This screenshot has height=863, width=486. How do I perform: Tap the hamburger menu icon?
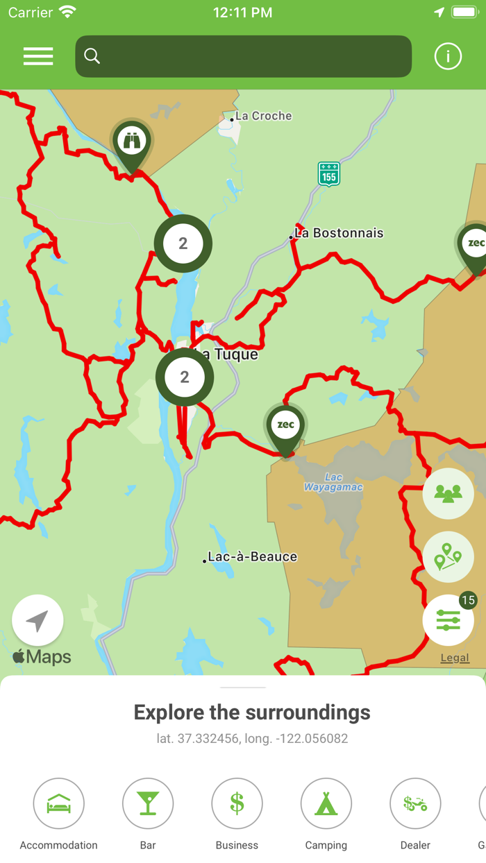click(x=38, y=56)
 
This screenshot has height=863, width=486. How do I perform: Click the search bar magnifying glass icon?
click(x=92, y=56)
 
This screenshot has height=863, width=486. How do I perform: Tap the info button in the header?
click(x=448, y=56)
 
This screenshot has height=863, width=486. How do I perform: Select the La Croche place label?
click(x=263, y=116)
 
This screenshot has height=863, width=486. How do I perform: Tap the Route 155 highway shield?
click(x=328, y=174)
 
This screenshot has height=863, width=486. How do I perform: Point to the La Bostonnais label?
click(x=339, y=233)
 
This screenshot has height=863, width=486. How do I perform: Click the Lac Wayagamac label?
click(x=333, y=482)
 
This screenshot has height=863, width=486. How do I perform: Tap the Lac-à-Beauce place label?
click(x=252, y=556)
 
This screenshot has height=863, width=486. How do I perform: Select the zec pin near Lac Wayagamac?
click(x=285, y=426)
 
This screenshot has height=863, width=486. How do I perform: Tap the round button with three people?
click(x=448, y=493)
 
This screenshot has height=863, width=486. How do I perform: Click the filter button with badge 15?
click(x=448, y=620)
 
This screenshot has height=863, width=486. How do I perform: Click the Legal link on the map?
click(x=455, y=658)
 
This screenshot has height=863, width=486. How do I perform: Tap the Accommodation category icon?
click(x=59, y=803)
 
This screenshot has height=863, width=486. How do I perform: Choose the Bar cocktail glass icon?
click(x=148, y=803)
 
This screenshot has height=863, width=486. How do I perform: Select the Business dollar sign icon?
click(x=237, y=803)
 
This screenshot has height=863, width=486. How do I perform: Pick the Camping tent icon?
click(x=326, y=803)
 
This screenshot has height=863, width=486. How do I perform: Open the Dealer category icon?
click(x=415, y=803)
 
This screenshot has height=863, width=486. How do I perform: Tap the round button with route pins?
click(x=448, y=557)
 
